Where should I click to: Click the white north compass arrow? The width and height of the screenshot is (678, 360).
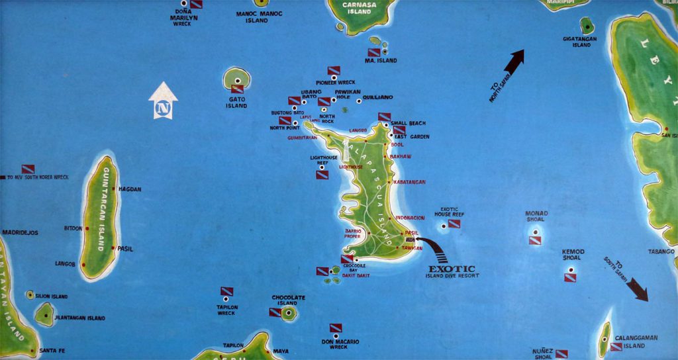tap(163, 101)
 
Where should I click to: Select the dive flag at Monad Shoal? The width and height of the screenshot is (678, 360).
tap(535, 240)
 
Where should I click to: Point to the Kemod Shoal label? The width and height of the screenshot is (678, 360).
tap(573, 255)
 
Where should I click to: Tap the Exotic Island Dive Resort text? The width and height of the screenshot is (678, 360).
tap(452, 271)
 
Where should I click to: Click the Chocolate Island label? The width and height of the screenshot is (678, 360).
tap(289, 300)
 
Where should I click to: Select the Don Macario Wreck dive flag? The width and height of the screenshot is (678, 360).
tap(336, 328)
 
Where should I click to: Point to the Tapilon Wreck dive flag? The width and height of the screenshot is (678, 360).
tap(226, 291)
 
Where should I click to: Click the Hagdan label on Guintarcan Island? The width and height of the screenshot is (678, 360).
tap(130, 189)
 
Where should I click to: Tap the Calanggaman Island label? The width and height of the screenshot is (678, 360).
tap(640, 341)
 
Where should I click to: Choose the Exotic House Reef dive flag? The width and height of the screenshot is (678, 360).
tap(454, 224)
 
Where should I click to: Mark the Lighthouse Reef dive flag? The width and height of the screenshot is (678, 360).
tap(322, 175)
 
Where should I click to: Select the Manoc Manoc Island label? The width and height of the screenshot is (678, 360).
tap(260, 17)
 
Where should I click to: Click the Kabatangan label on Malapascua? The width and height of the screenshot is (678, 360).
tap(409, 182)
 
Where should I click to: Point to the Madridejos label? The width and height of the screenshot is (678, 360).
tap(20, 233)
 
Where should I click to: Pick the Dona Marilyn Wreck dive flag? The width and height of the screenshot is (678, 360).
tap(196, 4)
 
